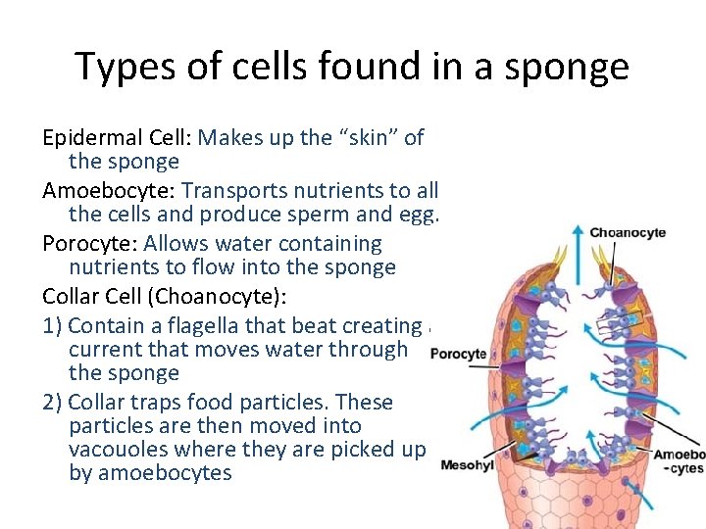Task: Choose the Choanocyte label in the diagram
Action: point(628,232)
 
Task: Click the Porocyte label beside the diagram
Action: point(458,354)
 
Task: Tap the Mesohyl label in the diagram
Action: point(468,464)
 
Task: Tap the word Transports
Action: point(232,190)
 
